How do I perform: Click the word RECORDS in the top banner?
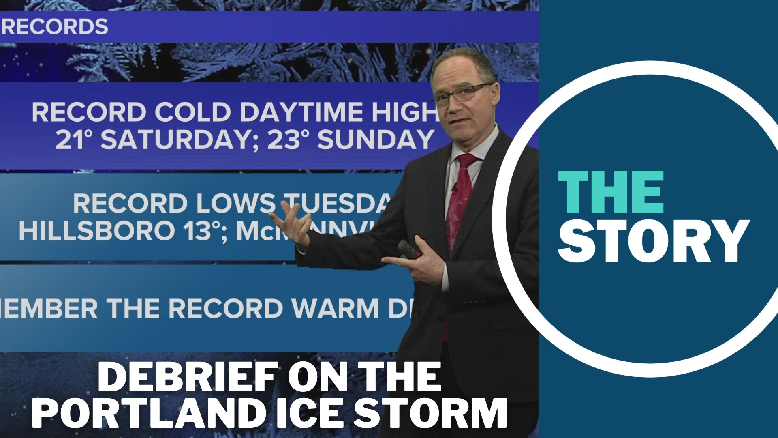tap(55, 27)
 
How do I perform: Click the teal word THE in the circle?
tap(611, 192)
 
